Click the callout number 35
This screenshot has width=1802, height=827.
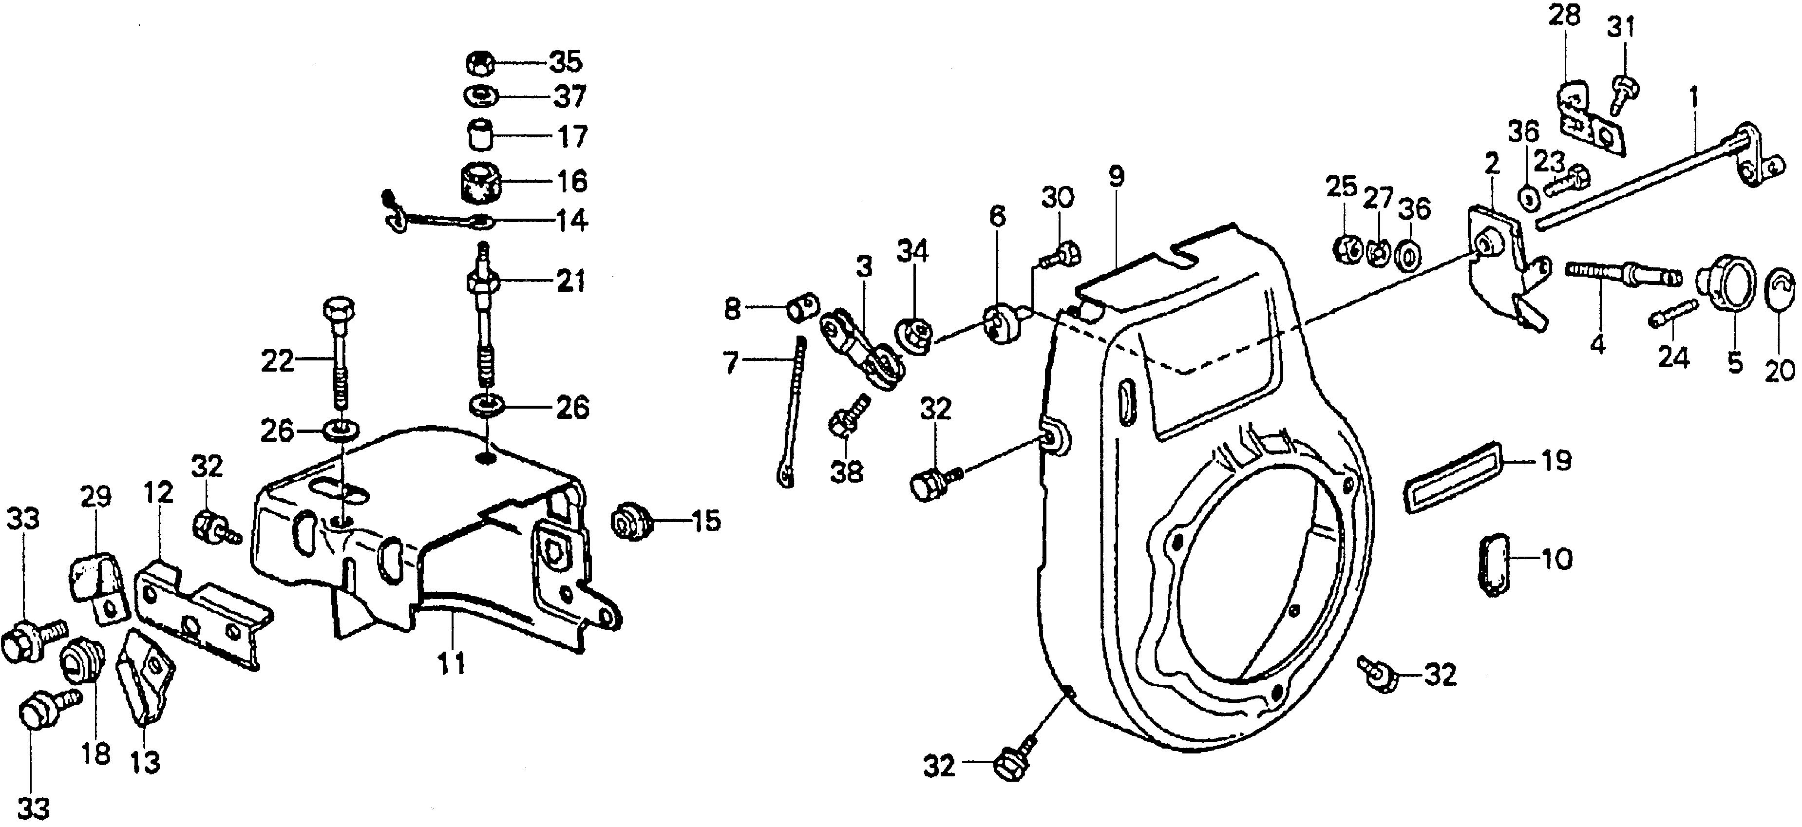pyautogui.click(x=565, y=62)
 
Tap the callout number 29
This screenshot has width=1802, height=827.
pyautogui.click(x=96, y=497)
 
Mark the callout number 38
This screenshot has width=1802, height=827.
pyautogui.click(x=846, y=473)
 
